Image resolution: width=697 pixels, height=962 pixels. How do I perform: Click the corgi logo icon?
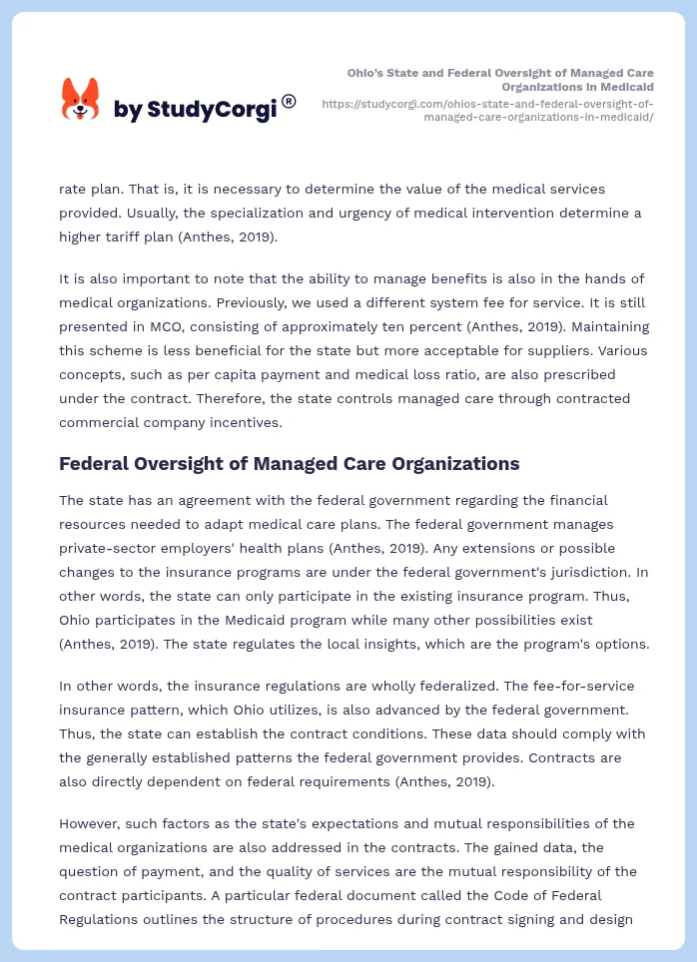(81, 99)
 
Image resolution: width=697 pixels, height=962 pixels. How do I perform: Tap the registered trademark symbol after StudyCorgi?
(289, 102)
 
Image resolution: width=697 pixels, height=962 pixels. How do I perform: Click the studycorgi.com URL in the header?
(488, 110)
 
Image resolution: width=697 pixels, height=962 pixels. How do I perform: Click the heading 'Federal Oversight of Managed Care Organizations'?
(290, 463)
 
